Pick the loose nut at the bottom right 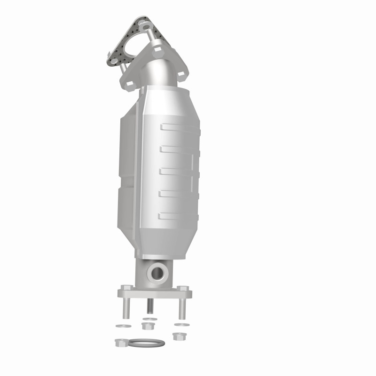[178, 336]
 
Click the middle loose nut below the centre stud [148, 326]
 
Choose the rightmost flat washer [179, 324]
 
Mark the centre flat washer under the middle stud [149, 319]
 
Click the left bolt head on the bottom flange [125, 288]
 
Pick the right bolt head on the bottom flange [183, 288]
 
